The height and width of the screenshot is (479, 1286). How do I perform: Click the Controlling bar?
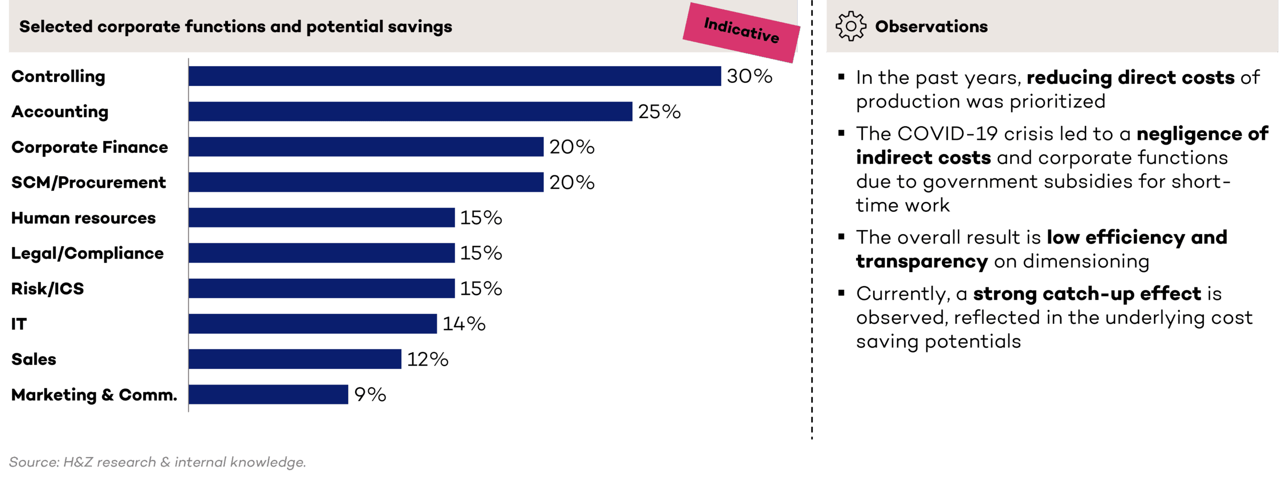click(x=455, y=76)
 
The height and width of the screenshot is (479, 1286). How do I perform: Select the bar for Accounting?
click(x=410, y=111)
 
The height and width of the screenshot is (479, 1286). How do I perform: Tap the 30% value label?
click(x=749, y=76)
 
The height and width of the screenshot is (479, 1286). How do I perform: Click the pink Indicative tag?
click(x=741, y=31)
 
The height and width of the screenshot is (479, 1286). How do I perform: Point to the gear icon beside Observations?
click(x=850, y=26)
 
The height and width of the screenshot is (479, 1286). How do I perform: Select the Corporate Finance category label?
click(x=89, y=147)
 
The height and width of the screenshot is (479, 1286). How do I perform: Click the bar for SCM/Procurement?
click(x=366, y=182)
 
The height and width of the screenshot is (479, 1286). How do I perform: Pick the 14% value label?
click(x=464, y=324)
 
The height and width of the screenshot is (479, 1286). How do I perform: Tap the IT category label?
click(x=19, y=324)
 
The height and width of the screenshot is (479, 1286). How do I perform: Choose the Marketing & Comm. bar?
click(x=268, y=395)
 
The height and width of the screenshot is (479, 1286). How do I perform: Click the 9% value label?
click(x=370, y=395)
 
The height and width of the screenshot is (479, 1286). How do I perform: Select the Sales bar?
click(x=295, y=359)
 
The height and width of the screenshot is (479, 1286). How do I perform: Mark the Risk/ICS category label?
click(x=47, y=289)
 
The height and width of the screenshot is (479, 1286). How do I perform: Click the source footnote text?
click(x=157, y=462)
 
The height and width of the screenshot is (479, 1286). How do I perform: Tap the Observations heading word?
click(x=931, y=26)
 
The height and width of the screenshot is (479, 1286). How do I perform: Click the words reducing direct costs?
click(x=1130, y=78)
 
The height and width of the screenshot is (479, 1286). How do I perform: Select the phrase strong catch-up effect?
click(x=1087, y=294)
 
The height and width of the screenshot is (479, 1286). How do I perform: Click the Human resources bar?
click(x=321, y=217)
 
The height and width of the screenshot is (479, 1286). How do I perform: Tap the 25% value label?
click(x=659, y=111)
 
